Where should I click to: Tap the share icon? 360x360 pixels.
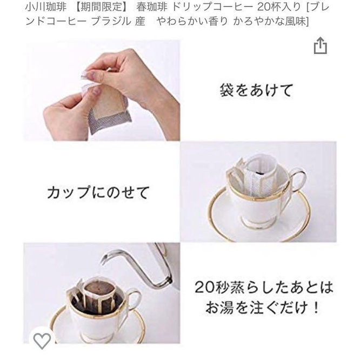tap(321, 46)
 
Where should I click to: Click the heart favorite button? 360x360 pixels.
tap(42, 341)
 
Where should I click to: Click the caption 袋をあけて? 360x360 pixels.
tap(256, 90)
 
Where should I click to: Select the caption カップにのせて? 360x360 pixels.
tap(98, 192)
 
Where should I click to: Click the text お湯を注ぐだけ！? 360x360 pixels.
tap(262, 308)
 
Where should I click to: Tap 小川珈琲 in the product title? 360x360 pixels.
tap(46, 7)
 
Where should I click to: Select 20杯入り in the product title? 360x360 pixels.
tap(279, 7)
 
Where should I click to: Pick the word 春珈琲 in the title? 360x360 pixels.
tap(151, 7)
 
